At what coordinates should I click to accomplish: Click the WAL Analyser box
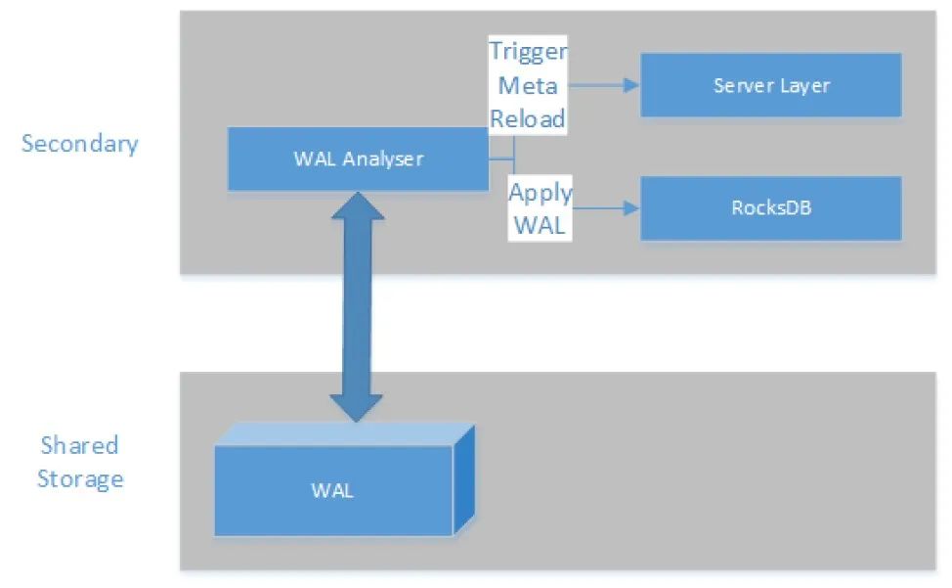[358, 158]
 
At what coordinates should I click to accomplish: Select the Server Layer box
[770, 85]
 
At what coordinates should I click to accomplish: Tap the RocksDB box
[770, 208]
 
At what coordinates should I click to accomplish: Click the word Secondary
[80, 144]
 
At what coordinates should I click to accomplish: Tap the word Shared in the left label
[79, 446]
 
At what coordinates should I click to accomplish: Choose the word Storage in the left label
[80, 479]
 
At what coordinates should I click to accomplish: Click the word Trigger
[528, 52]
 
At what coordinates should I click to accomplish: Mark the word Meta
[528, 85]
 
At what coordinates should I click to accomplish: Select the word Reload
[528, 118]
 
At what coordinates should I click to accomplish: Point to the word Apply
[540, 192]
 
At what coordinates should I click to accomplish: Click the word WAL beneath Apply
[540, 225]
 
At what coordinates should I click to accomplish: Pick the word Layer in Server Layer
[804, 85]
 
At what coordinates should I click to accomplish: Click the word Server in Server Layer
[745, 85]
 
